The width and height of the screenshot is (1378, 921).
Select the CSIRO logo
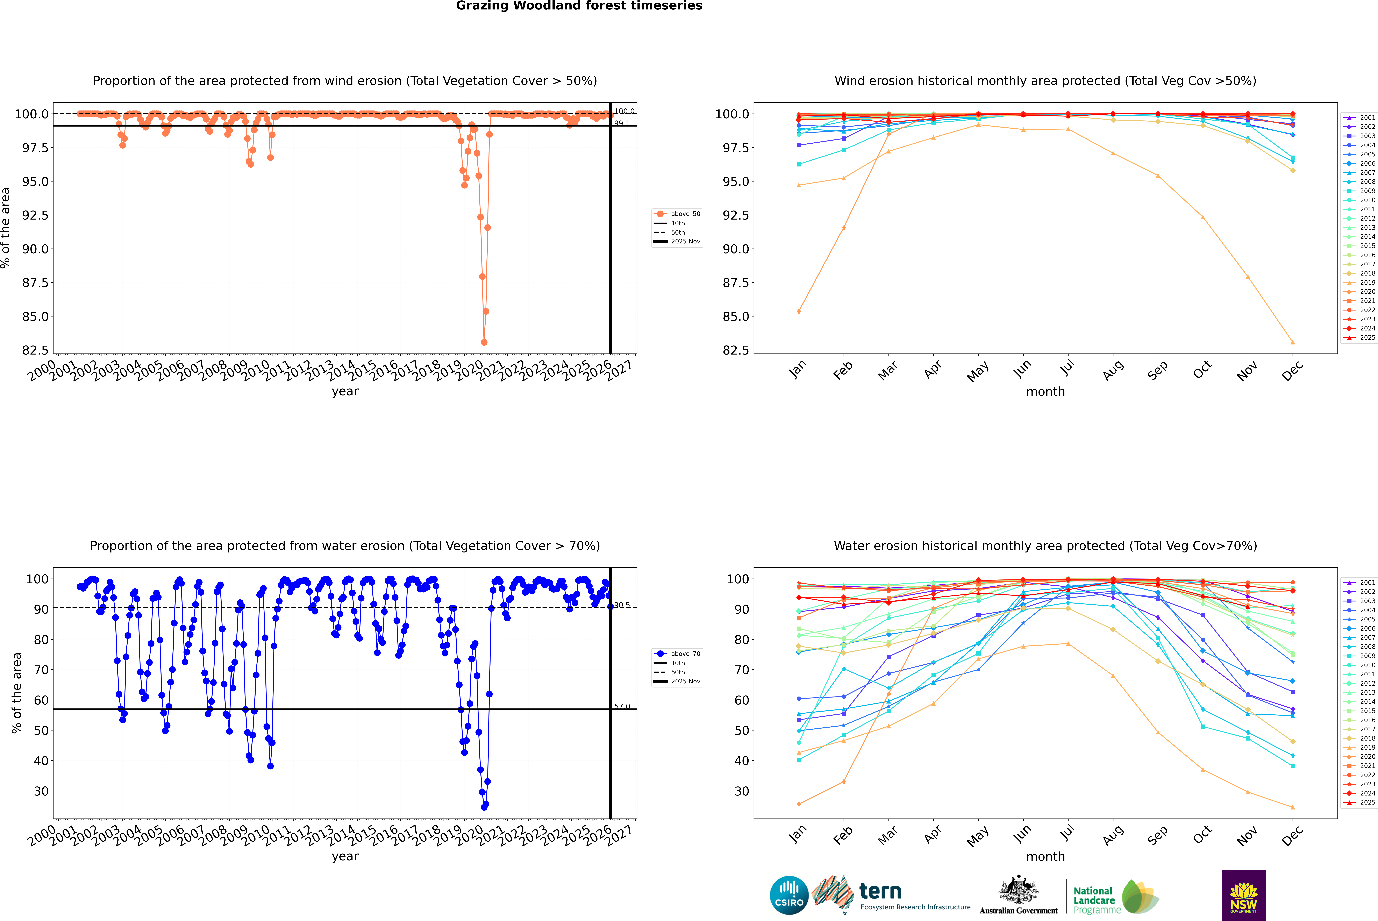[x=789, y=895]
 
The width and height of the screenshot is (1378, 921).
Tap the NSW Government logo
[x=1243, y=895]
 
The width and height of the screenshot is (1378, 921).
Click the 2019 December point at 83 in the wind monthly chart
[x=1292, y=342]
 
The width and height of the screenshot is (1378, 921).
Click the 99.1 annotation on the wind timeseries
[x=621, y=123]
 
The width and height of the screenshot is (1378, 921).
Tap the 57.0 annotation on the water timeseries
[x=621, y=707]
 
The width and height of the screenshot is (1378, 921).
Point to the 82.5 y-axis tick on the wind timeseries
[x=35, y=350]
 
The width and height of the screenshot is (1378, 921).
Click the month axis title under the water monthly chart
[x=1045, y=856]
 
